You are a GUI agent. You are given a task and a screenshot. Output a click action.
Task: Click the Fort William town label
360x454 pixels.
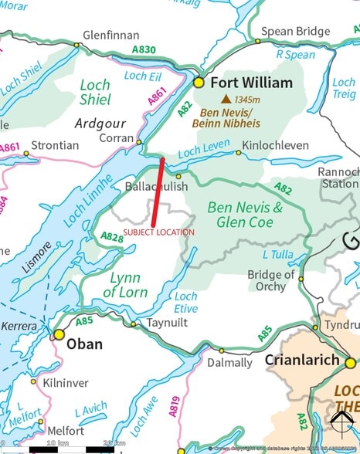coord(253,83)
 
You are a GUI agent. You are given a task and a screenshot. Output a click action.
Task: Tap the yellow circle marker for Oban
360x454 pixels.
coord(59,334)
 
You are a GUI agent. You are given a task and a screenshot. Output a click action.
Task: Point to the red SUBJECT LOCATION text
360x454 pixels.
coord(159,232)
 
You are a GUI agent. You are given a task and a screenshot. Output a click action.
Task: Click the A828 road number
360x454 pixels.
coord(112,238)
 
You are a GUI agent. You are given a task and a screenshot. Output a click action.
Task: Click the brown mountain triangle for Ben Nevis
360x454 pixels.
coord(226,99)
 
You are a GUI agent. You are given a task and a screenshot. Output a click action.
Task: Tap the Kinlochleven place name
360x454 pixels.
coord(275,144)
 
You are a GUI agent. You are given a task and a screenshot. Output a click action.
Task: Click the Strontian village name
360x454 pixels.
coord(55,144)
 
